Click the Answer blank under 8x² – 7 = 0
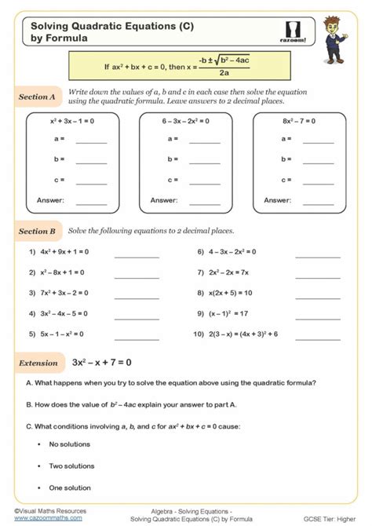click(319, 202)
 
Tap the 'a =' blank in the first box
click(91, 141)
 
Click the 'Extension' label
click(38, 363)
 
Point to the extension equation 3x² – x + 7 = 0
click(101, 362)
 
